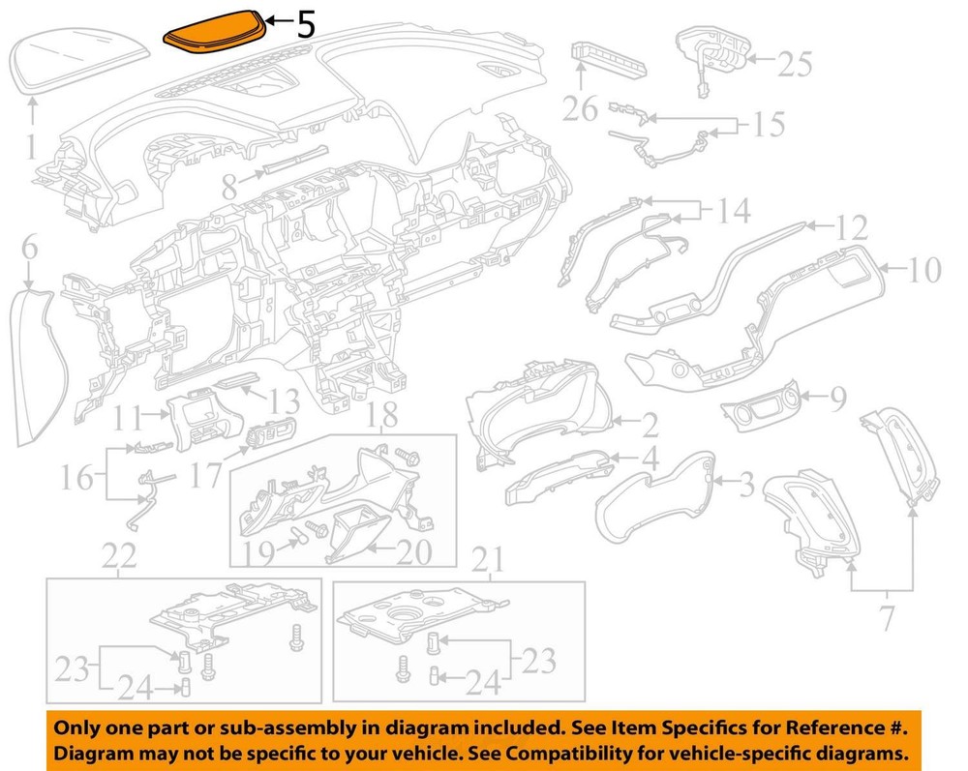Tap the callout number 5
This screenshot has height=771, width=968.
coord(306,25)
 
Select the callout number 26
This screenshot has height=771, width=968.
coord(580,108)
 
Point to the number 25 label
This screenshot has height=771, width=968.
coord(795,64)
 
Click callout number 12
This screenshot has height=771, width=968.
coord(852,227)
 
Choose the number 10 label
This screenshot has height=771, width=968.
coord(924,270)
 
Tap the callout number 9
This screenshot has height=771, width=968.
coord(837,399)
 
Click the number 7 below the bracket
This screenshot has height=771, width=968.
coord(887,619)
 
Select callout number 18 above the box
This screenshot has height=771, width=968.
coord(382,415)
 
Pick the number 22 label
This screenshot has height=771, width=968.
coord(119,557)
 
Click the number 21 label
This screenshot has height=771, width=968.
coord(487,560)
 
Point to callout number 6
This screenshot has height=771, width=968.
coord(29,248)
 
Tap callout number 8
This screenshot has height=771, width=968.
coord(229,187)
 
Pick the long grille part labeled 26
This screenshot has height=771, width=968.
coord(608,57)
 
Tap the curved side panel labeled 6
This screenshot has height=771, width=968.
coord(37,367)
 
